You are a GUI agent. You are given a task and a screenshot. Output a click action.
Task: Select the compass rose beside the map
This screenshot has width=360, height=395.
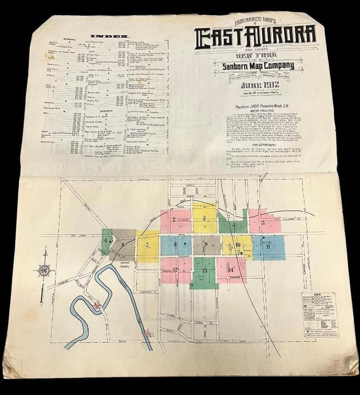click(44, 270)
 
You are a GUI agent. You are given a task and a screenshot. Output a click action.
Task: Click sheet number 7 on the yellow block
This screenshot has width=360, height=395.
click(147, 245)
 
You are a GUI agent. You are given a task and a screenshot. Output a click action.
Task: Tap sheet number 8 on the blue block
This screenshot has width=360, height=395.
click(175, 244)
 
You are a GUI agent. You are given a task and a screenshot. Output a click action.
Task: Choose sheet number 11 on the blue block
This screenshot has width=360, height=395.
click(268, 246)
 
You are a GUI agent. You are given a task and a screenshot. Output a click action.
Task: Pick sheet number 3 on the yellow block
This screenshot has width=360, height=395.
click(204, 218)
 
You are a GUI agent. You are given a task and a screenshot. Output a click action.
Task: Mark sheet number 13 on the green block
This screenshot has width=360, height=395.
click(205, 271)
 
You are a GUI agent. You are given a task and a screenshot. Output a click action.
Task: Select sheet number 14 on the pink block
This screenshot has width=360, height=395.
click(231, 270)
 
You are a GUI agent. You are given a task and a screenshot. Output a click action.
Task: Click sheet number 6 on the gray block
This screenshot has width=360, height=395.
click(123, 244)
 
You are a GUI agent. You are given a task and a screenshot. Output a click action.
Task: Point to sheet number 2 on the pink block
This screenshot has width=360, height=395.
click(174, 219)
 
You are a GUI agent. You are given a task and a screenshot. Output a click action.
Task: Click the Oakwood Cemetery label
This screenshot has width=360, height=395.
click(124, 265)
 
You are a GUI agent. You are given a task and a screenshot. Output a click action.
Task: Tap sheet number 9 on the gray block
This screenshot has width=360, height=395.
click(206, 244)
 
